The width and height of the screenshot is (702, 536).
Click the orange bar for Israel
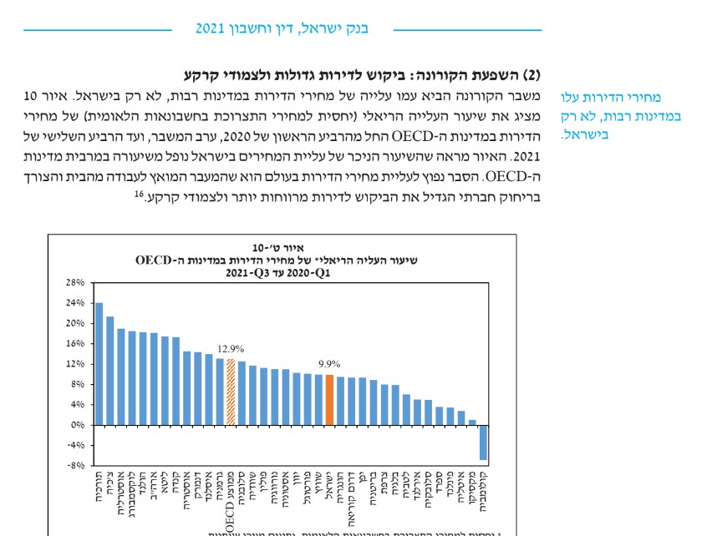click(x=329, y=400)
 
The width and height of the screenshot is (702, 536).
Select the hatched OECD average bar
click(x=231, y=392)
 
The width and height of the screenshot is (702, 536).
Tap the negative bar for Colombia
click(x=482, y=442)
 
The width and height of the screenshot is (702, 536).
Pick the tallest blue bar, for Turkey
click(x=99, y=363)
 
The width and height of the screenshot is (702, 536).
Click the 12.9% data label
click(x=231, y=348)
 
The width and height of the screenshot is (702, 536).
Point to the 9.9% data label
click(x=329, y=364)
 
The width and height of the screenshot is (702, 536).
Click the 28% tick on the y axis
click(x=74, y=282)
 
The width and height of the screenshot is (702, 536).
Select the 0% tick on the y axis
click(x=76, y=425)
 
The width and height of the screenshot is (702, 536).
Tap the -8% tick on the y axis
click(x=74, y=465)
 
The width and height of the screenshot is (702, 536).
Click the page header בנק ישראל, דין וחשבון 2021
click(x=282, y=28)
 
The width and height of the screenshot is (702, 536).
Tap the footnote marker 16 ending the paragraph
click(x=142, y=193)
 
